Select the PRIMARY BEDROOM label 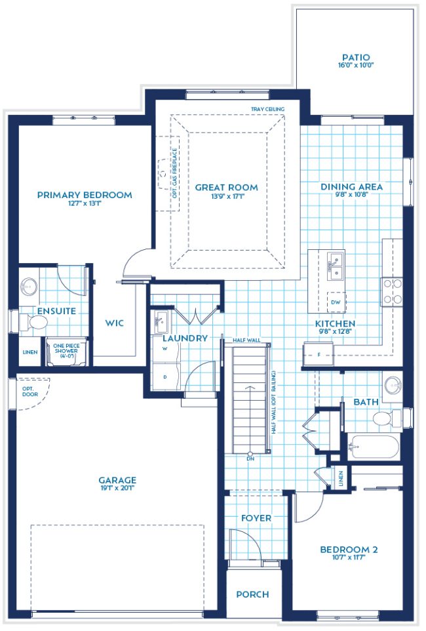pos(85,195)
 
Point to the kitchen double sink pos(336,265)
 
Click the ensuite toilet pos(37,322)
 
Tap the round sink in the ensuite pos(29,287)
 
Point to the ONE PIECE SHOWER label pos(66,348)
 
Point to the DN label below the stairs pos(251,458)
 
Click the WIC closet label pos(114,323)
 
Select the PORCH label pos(252,594)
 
